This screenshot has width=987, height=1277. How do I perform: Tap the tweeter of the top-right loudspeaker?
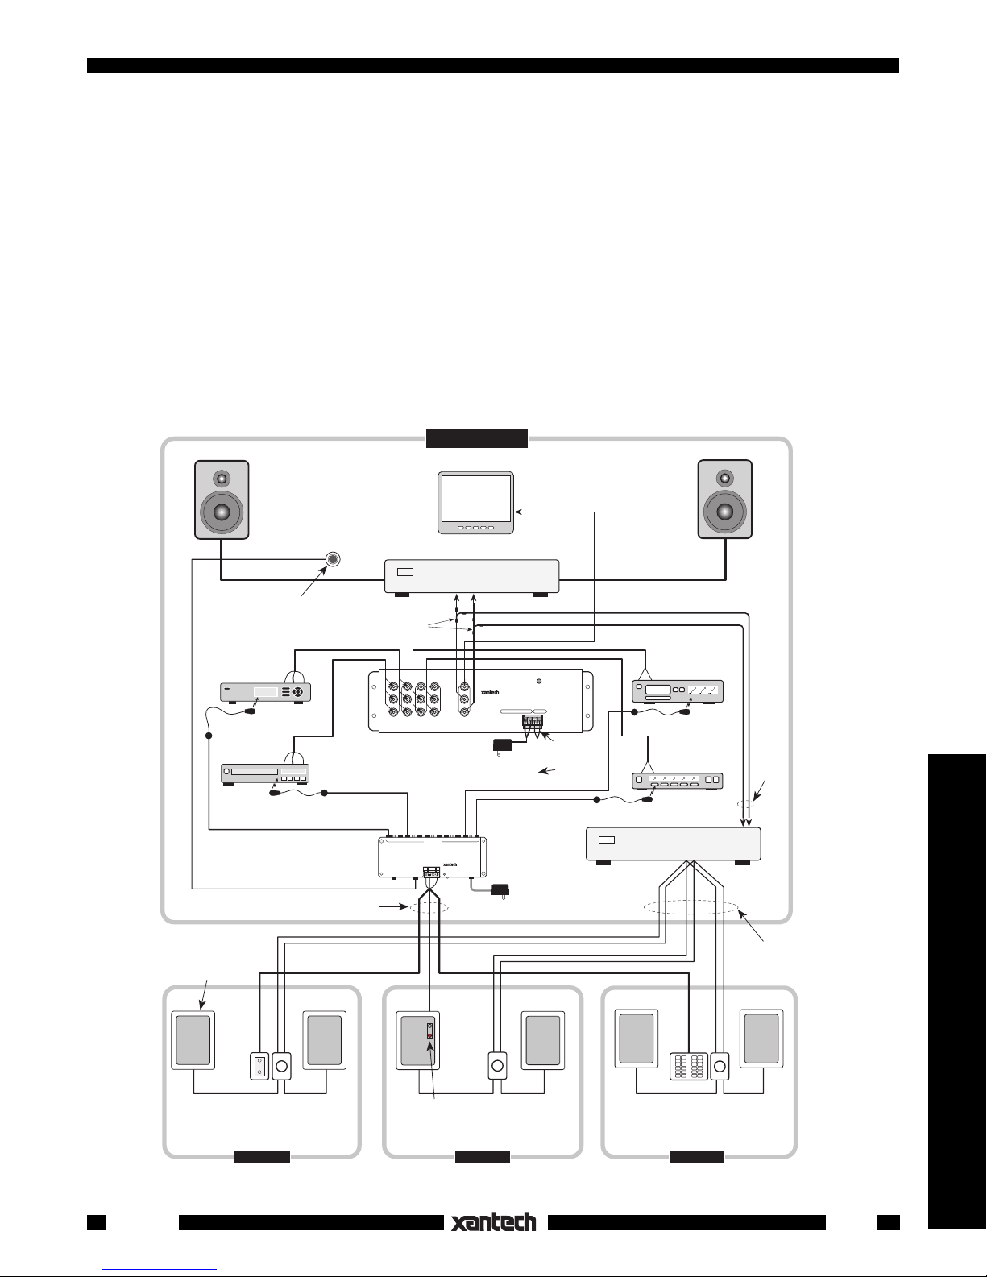pyautogui.click(x=724, y=477)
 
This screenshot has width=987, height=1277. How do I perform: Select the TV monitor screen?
pyautogui.click(x=475, y=499)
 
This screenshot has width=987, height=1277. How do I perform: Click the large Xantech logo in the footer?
pyautogui.click(x=493, y=1222)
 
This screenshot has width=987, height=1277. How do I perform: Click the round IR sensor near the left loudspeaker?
pyautogui.click(x=333, y=559)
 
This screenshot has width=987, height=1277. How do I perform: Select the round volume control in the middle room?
pyautogui.click(x=497, y=1066)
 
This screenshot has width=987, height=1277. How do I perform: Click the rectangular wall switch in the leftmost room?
pyautogui.click(x=259, y=1067)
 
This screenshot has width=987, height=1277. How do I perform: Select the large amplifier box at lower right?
pyautogui.click(x=674, y=844)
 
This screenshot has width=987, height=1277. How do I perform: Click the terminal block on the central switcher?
pyautogui.click(x=533, y=722)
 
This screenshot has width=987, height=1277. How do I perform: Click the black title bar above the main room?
pyautogui.click(x=476, y=438)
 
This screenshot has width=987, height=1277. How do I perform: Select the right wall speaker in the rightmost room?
pyautogui.click(x=761, y=1039)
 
